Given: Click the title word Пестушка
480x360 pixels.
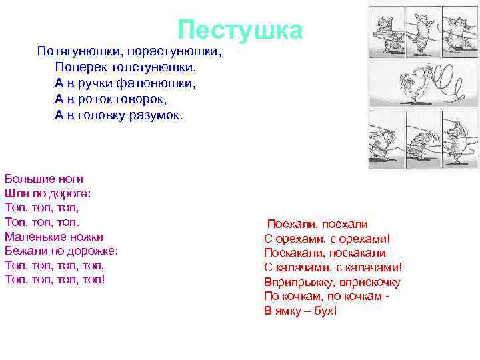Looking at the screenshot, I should tap(240, 29).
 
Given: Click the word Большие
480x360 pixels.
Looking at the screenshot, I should tap(26, 179).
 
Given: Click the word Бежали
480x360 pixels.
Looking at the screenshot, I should tap(25, 251).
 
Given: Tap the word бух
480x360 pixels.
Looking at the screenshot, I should tap(323, 311).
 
